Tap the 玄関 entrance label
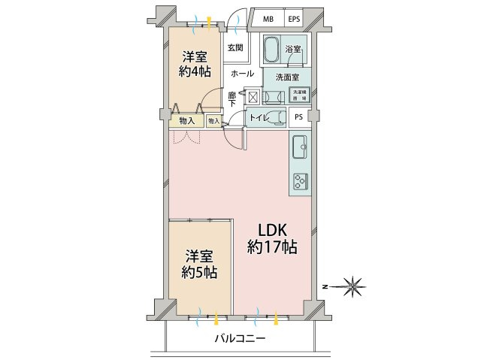[x=234, y=48]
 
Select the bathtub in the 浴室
[x=272, y=50]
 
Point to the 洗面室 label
[x=286, y=77]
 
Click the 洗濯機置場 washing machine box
[x=300, y=95]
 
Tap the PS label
[x=299, y=116]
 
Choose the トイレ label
[x=259, y=117]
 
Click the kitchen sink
[x=299, y=145]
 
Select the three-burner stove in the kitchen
[x=300, y=181]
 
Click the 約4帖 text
[x=194, y=72]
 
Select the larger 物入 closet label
[x=187, y=120]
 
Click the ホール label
[x=241, y=74]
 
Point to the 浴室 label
[x=293, y=49]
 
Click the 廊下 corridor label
[x=232, y=99]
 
